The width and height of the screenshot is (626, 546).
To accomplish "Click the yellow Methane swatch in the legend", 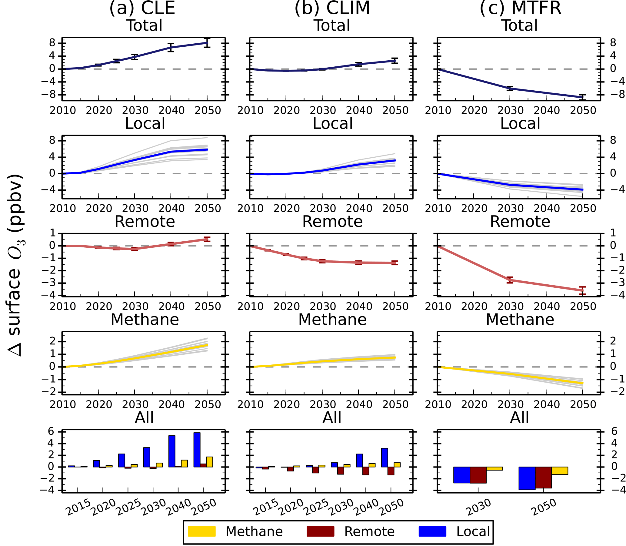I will point(201,531).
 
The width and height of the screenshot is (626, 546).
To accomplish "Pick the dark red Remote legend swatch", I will point(320,531).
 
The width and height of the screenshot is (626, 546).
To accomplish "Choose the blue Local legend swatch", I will point(432,531).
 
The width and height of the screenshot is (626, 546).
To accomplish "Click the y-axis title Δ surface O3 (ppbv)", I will point(15,265).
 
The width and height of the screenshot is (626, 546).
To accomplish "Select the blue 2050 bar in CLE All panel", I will point(197,450).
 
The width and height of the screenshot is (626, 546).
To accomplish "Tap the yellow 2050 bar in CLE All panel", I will point(209,462).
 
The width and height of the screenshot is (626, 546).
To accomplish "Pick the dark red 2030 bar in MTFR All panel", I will point(478,475).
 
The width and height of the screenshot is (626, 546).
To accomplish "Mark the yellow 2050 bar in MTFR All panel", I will point(560,471).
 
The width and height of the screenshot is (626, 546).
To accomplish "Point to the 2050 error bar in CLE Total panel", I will point(207,42).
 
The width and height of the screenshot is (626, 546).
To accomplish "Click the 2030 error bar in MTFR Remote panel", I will point(510,280).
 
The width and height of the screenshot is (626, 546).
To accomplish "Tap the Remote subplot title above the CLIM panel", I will point(332,222).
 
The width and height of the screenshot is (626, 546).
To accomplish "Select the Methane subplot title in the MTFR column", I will point(520,320).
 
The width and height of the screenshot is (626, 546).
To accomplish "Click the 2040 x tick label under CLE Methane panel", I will point(171,404).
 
